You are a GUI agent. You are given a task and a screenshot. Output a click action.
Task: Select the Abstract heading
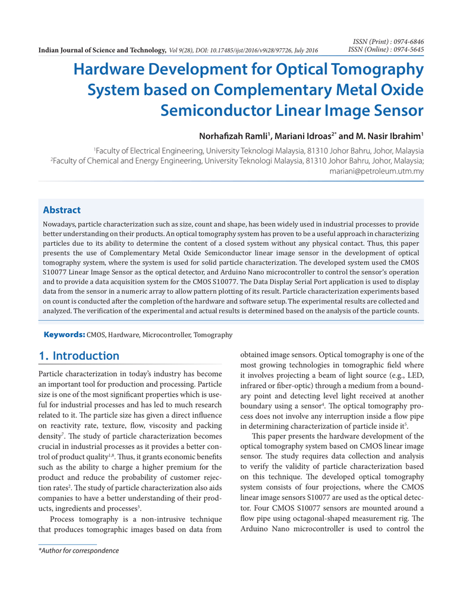(x=62, y=210)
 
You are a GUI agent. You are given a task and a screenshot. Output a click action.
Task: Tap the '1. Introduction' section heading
(x=79, y=356)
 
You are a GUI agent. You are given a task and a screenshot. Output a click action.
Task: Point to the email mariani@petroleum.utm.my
(x=376, y=171)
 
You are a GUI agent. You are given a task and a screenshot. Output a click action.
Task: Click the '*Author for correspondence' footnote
(x=78, y=551)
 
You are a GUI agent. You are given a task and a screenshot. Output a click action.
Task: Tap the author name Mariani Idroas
(x=303, y=136)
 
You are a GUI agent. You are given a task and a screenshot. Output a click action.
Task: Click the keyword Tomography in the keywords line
(x=213, y=335)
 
